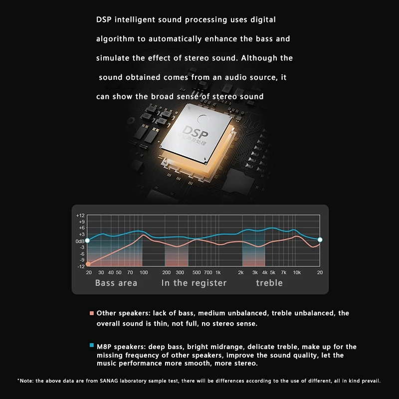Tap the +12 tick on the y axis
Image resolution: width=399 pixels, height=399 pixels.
tap(80, 215)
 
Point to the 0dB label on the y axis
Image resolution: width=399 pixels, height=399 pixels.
tap(80, 241)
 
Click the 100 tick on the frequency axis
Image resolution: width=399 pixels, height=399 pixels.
tap(144, 272)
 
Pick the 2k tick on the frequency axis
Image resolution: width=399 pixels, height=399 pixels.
tap(240, 272)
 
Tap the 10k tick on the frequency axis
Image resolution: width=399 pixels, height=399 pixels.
tap(297, 272)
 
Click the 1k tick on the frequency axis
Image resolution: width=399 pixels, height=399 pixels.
tap(218, 272)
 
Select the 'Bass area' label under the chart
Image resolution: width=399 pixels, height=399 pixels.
tap(116, 283)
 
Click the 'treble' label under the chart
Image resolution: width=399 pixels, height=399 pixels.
tap(269, 283)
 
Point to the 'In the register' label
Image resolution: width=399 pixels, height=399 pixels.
tap(194, 283)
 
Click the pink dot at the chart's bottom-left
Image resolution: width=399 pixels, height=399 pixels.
tap(88, 264)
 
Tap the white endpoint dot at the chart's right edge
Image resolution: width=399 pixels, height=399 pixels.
tap(320, 240)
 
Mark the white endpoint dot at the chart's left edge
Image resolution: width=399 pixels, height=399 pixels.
tap(88, 240)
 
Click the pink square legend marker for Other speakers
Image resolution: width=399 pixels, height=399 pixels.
tap(92, 314)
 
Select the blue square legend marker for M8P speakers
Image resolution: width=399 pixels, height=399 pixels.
tap(92, 345)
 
